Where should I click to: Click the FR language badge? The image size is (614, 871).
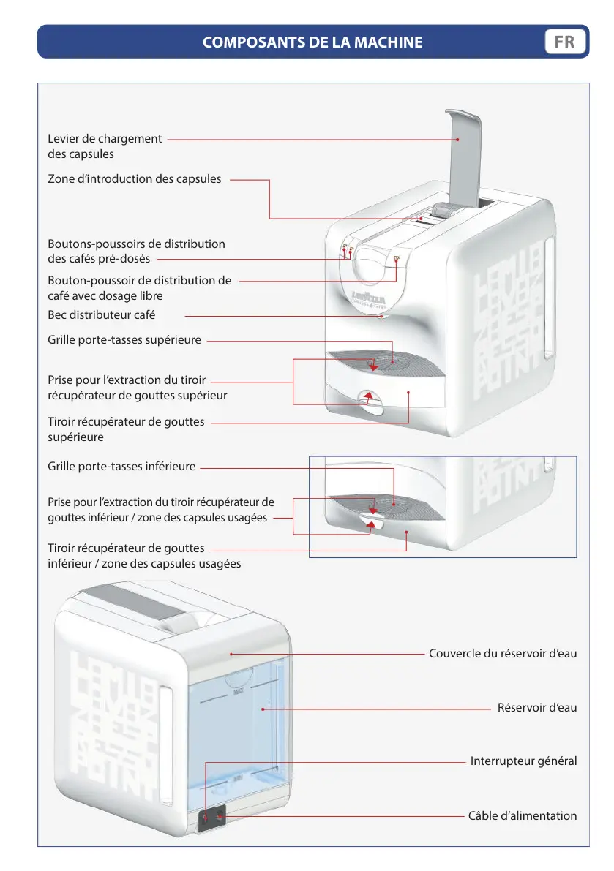(x=565, y=42)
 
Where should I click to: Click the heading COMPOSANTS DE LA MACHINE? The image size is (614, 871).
(x=312, y=42)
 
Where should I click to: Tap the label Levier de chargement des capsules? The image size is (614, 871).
(x=105, y=146)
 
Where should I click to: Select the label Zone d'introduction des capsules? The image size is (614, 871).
(x=135, y=178)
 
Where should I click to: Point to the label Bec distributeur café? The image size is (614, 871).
(x=102, y=314)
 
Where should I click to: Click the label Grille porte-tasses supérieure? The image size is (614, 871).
(x=124, y=339)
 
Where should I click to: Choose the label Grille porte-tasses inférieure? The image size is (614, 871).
(x=121, y=466)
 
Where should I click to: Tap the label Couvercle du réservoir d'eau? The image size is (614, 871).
(x=502, y=653)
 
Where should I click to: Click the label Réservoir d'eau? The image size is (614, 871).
(x=536, y=707)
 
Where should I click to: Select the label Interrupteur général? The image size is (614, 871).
(x=523, y=761)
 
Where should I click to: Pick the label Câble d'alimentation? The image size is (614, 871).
(x=522, y=815)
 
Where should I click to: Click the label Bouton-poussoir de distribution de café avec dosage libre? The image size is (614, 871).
(x=139, y=288)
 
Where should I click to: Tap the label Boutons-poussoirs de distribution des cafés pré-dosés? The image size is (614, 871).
(x=136, y=251)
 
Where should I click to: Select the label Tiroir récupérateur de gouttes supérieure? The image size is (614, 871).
(x=126, y=429)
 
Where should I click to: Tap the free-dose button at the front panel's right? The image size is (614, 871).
(x=396, y=259)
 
